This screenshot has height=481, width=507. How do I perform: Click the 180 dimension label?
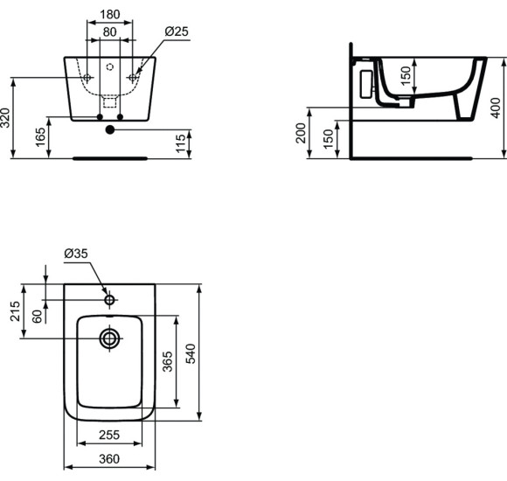(x=109, y=14)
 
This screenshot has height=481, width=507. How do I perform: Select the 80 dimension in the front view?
(x=109, y=32)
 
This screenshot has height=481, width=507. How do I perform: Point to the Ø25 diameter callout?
(x=177, y=32)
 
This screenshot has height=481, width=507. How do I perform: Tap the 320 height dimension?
(x=7, y=119)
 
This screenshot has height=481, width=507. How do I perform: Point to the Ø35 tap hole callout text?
(x=77, y=254)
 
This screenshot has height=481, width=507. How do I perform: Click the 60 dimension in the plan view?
(x=37, y=317)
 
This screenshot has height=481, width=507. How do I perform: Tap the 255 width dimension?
(x=109, y=434)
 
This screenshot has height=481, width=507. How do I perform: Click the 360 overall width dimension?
(x=109, y=458)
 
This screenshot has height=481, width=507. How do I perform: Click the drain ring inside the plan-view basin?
(x=109, y=338)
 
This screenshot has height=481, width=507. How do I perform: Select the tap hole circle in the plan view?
(x=109, y=300)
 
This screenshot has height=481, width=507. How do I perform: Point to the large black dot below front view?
(x=109, y=130)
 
